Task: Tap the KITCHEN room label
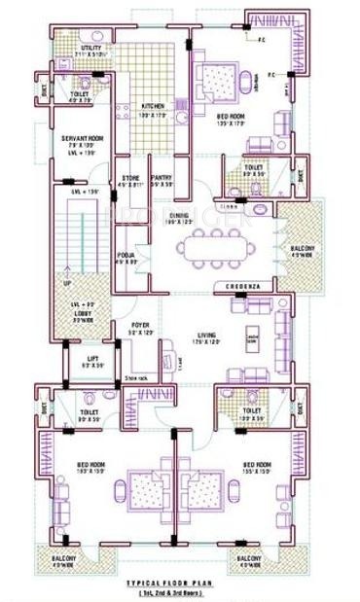[153, 105]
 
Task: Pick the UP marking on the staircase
[66, 283]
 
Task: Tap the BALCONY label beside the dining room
[302, 251]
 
